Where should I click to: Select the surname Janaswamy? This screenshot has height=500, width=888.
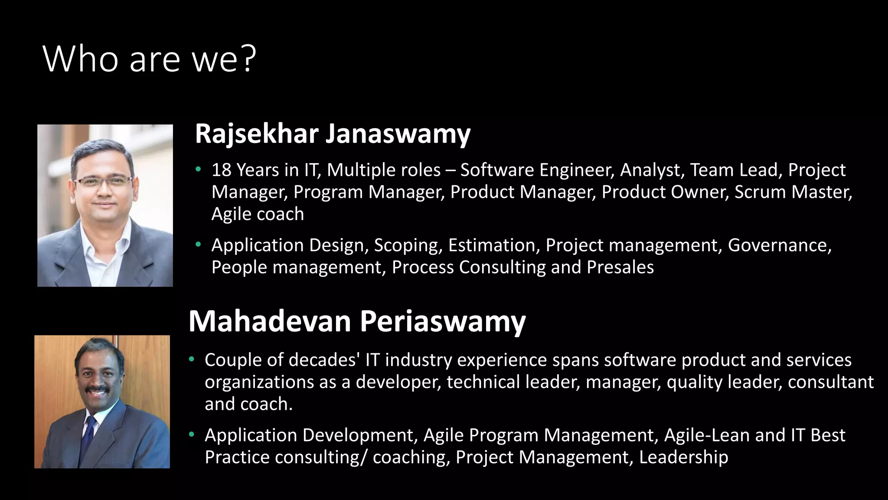(x=398, y=134)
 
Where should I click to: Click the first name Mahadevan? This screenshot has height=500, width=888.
(x=269, y=322)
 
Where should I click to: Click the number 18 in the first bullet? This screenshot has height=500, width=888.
(x=221, y=170)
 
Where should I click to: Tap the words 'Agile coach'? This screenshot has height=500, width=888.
(x=258, y=214)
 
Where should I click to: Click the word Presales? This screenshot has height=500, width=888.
(x=620, y=267)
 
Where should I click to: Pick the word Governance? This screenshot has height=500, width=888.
(x=779, y=245)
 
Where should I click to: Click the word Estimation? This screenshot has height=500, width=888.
(x=491, y=245)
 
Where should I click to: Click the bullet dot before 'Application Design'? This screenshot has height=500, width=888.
(x=198, y=245)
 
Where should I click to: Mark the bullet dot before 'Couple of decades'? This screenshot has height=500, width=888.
(x=192, y=360)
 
